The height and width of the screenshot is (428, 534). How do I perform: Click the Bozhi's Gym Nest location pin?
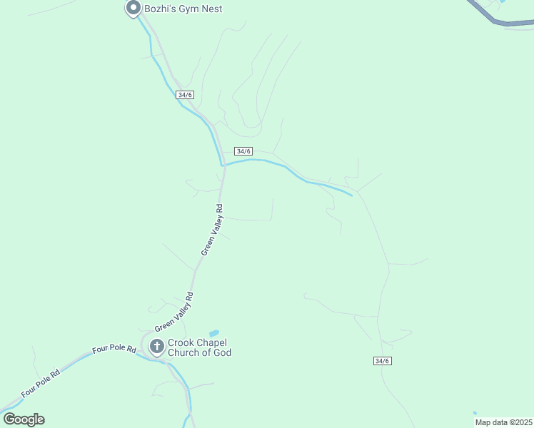tap(133, 9)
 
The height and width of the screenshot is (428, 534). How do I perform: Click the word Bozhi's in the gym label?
tap(161, 9)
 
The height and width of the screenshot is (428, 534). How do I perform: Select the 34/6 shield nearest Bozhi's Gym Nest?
tap(184, 95)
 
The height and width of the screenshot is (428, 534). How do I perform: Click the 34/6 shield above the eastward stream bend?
tap(243, 151)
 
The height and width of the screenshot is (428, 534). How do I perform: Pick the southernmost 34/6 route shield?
tap(382, 361)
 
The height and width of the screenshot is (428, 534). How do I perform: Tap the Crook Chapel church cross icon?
tap(157, 347)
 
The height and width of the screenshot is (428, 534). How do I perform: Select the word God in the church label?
tap(222, 353)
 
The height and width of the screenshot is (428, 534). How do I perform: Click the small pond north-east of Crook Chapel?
tap(213, 333)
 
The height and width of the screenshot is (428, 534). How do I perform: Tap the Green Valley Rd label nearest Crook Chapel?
tap(174, 311)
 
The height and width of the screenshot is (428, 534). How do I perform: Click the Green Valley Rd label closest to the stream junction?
tap(212, 230)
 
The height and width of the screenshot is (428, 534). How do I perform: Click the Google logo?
tap(24, 419)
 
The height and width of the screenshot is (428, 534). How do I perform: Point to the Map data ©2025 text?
tap(503, 422)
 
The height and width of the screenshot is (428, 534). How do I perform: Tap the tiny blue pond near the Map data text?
tap(475, 412)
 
